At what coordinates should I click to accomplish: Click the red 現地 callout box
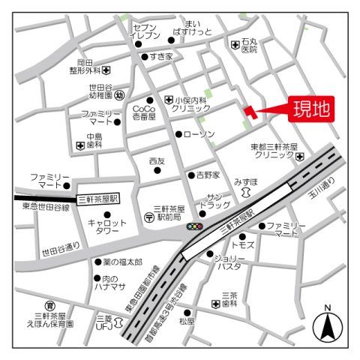(310, 111)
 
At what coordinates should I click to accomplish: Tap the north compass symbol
(327, 325)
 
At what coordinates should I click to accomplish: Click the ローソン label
(199, 133)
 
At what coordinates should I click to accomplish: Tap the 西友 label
(156, 160)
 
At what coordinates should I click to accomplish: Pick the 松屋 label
(186, 321)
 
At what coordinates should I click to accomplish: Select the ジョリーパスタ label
(228, 262)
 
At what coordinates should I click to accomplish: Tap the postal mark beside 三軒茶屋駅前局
(148, 217)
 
